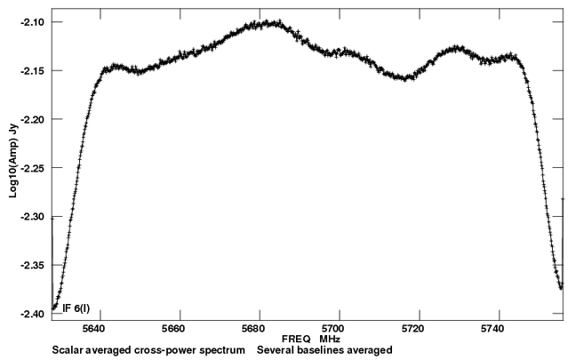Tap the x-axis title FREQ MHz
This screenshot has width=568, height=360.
coord(307,340)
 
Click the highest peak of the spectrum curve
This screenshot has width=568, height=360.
coord(268,21)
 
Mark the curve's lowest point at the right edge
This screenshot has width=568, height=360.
coord(561,287)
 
